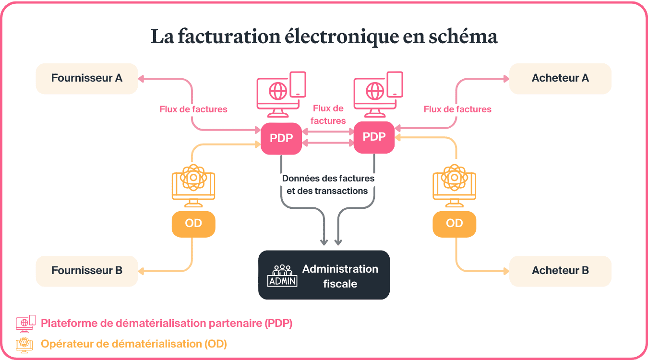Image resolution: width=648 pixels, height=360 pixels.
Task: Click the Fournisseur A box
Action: [x=87, y=78]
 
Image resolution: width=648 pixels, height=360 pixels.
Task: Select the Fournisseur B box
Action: [x=87, y=271]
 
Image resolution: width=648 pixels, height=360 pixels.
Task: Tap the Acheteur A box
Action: [x=560, y=78]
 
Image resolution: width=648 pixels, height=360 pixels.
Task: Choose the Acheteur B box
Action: [x=560, y=271]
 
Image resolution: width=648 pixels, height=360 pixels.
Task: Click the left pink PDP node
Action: [x=281, y=139]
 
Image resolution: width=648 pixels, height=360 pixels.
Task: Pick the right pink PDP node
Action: [x=374, y=137]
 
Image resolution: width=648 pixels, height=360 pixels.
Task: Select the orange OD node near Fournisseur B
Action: [x=193, y=224]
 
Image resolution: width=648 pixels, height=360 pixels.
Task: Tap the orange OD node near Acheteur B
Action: [x=454, y=224]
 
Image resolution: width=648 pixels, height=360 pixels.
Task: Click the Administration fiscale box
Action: [x=324, y=275]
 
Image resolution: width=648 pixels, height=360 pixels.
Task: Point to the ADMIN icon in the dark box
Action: [x=282, y=276]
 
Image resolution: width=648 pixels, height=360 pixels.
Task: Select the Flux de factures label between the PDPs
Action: [x=328, y=115]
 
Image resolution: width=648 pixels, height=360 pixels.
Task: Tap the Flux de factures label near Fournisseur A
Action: [x=193, y=109]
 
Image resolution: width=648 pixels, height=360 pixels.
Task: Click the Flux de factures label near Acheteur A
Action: [x=457, y=109]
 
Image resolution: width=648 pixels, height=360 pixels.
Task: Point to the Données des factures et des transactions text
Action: [x=328, y=184]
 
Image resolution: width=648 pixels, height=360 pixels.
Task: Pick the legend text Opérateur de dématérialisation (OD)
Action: [x=134, y=344]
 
